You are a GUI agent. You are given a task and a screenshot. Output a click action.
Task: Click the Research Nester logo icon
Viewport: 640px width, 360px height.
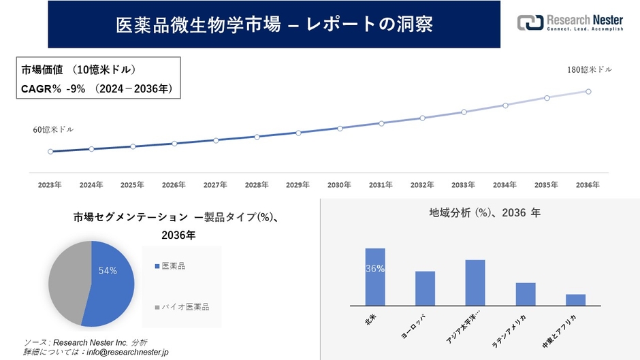click(x=530, y=22)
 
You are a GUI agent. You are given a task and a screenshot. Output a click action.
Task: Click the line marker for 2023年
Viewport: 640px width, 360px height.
click(x=50, y=152)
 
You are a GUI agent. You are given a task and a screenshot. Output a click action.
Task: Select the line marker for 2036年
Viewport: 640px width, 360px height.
click(x=588, y=91)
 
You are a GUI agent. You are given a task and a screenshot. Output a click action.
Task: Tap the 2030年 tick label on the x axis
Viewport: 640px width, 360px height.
click(x=339, y=185)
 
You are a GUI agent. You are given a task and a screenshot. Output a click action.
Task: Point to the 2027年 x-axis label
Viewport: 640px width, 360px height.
click(x=215, y=185)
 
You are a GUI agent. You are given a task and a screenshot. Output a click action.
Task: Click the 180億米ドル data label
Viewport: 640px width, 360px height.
click(x=590, y=70)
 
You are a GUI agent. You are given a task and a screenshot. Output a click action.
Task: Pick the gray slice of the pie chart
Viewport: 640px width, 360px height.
click(x=68, y=279)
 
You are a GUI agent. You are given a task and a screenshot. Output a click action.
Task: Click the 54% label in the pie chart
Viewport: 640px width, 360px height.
click(x=108, y=271)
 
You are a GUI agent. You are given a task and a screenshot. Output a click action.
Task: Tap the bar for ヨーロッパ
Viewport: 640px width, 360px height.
click(x=425, y=289)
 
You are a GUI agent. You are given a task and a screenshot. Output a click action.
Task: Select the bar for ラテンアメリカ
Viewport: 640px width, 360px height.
click(x=526, y=294)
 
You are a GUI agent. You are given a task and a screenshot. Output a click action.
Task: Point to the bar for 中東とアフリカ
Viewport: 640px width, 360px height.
click(x=575, y=300)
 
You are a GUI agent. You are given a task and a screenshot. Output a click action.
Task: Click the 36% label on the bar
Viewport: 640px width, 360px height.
click(x=375, y=269)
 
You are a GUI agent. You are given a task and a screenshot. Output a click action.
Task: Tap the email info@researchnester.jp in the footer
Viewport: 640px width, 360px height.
click(x=125, y=352)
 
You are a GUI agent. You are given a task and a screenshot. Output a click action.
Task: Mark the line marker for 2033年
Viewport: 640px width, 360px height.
click(x=464, y=112)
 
